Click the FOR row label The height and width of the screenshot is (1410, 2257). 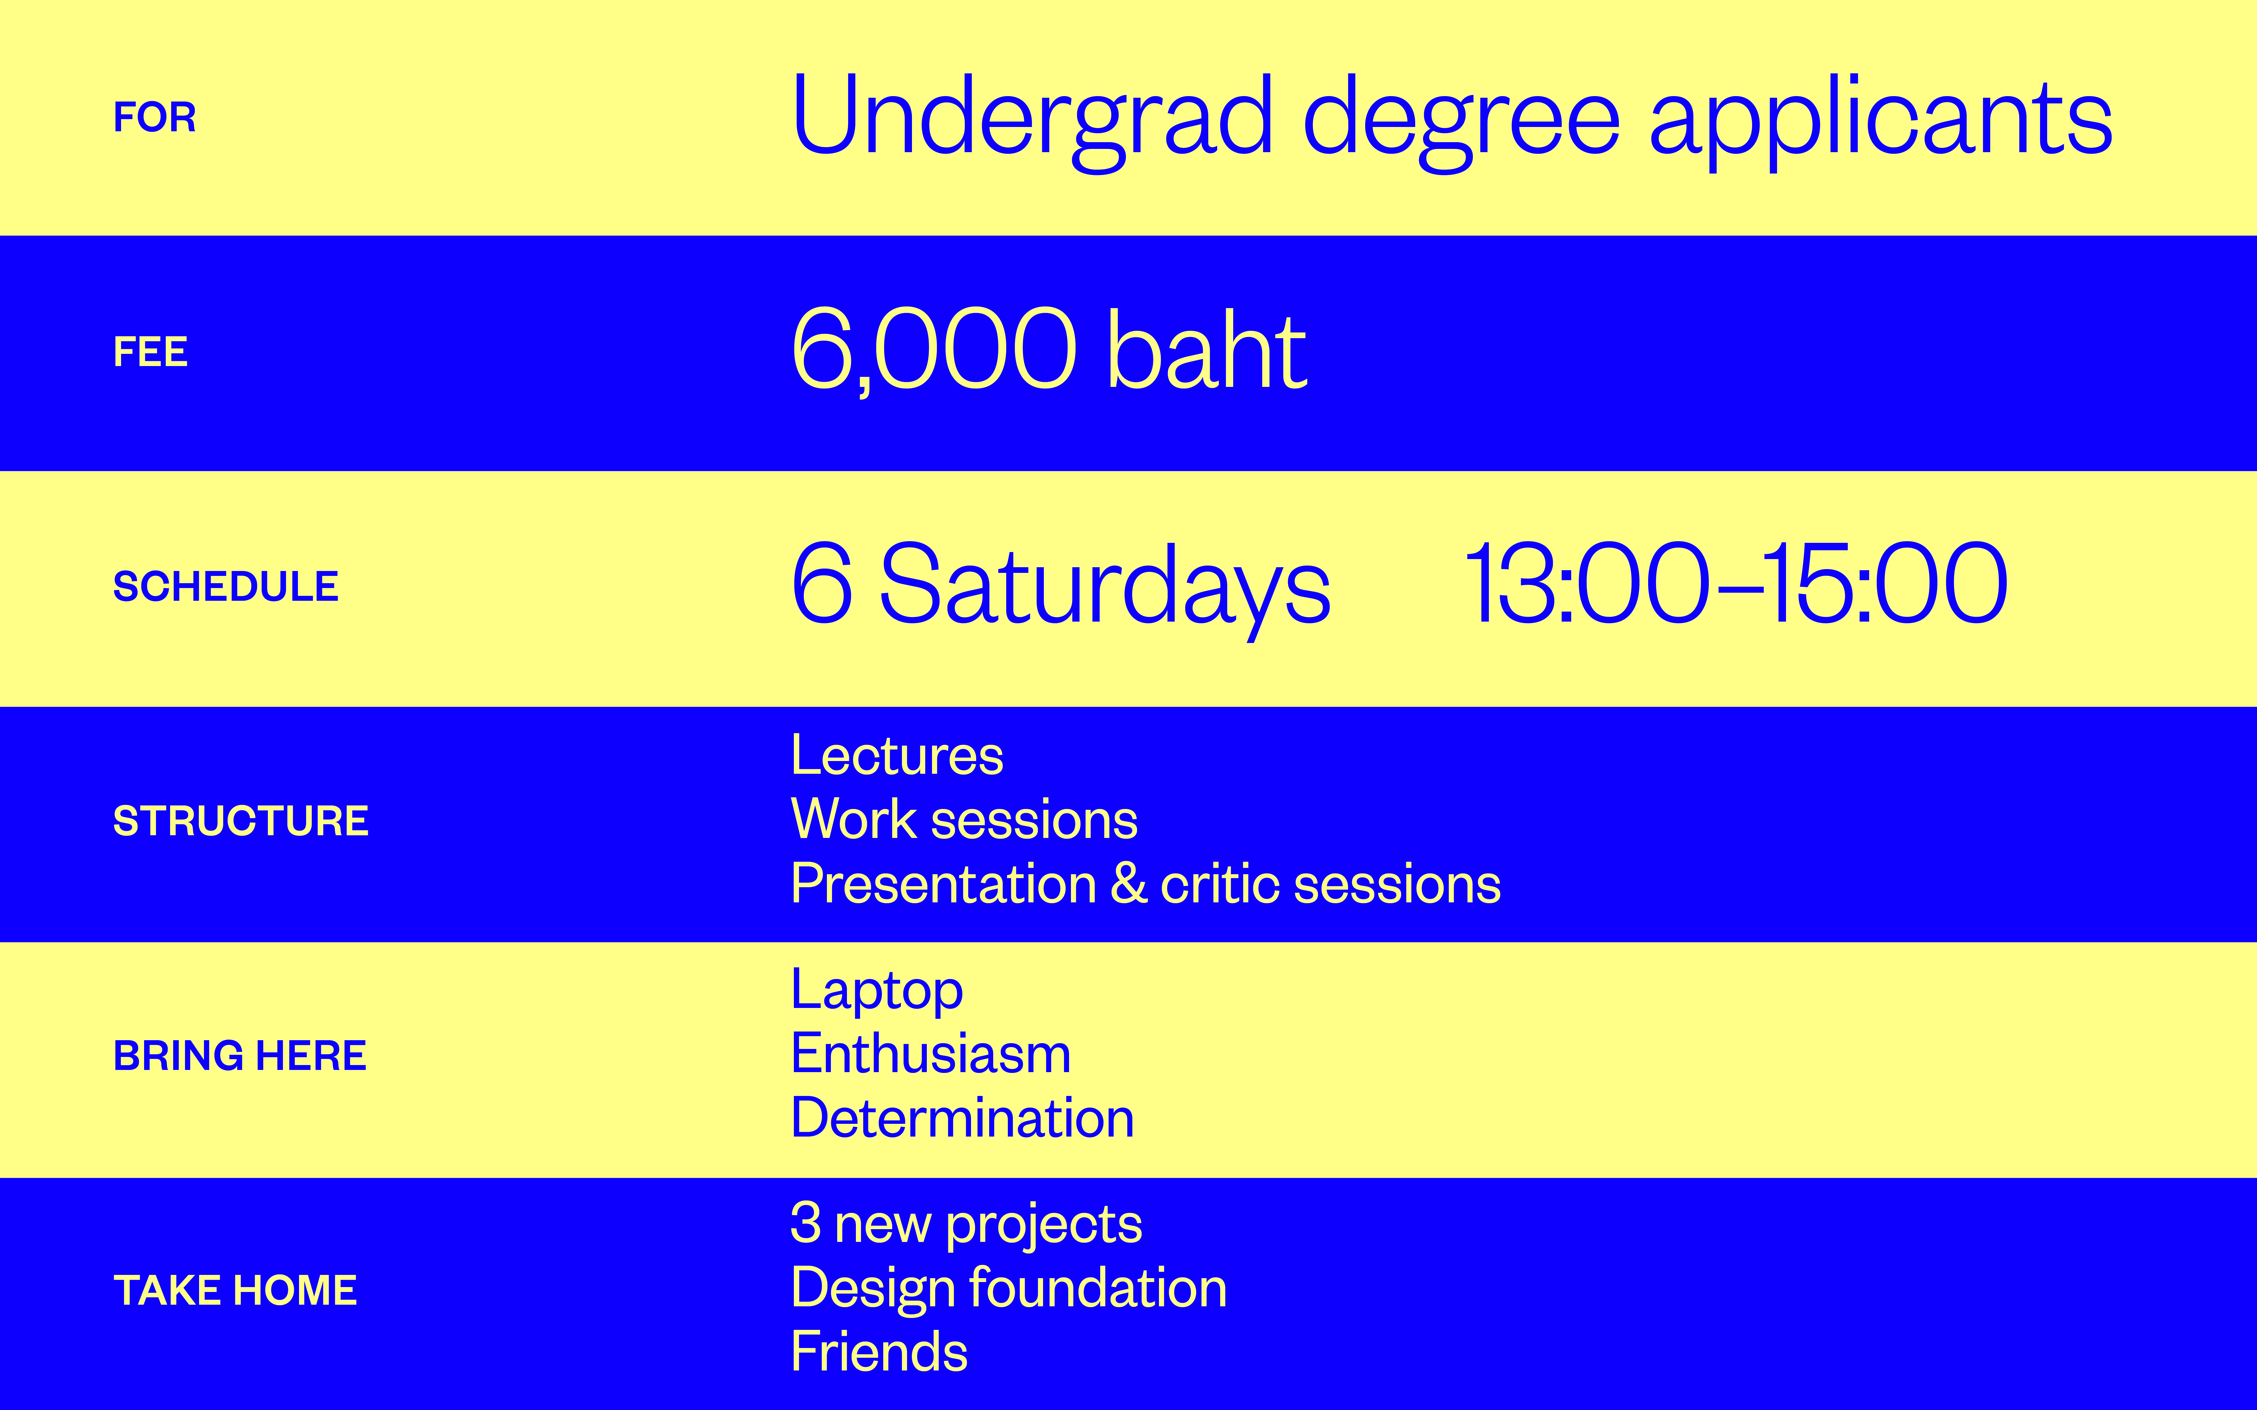pos(155,118)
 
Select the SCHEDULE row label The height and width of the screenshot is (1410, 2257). pos(226,587)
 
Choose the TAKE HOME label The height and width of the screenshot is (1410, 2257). pos(235,1291)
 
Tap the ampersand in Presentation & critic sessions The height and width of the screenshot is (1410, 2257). pos(1128,883)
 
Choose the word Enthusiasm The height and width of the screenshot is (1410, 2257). pos(931,1054)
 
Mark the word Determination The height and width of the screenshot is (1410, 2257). pos(963,1118)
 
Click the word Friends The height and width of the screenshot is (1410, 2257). pos(879,1351)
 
